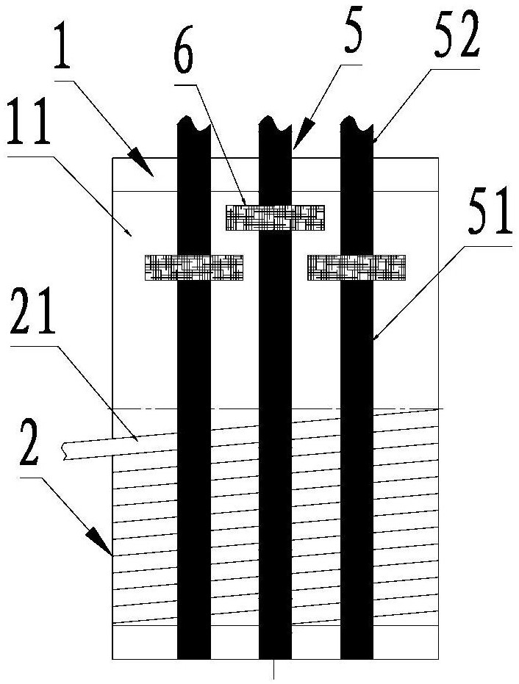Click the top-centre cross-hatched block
(275, 217)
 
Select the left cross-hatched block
(194, 267)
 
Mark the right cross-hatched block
(357, 267)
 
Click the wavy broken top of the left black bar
(194, 122)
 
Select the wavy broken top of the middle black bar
(275, 122)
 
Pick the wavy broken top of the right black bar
(357, 122)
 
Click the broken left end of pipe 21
(65, 450)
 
